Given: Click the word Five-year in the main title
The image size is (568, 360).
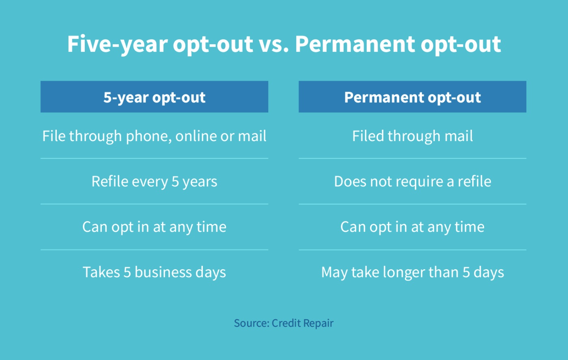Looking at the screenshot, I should (117, 44).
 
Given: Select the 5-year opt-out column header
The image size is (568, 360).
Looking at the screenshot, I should (154, 97).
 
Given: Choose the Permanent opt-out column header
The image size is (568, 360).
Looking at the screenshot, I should (412, 97).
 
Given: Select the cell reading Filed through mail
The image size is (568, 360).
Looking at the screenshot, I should (412, 136).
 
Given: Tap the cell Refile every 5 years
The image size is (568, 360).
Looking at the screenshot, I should (154, 182).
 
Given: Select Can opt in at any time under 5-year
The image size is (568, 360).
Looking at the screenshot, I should (154, 227).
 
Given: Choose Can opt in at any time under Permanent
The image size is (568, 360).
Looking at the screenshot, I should (412, 227).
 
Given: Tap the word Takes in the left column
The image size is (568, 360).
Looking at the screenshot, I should (101, 272).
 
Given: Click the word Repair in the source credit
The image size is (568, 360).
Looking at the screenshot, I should (318, 324).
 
